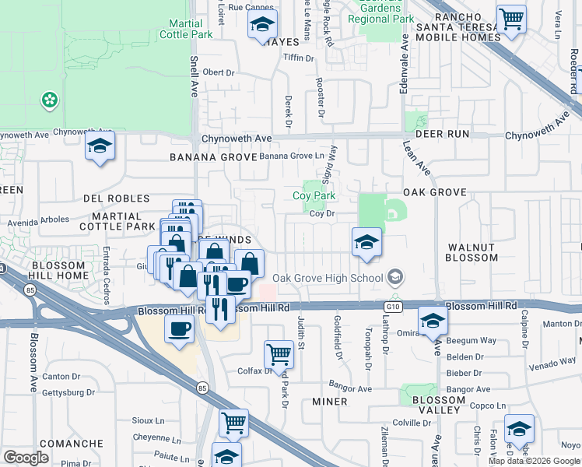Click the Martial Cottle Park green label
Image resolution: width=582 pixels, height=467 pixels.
click(x=186, y=30)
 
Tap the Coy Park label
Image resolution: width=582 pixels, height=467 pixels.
click(x=314, y=196)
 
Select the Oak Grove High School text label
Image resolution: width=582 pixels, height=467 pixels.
click(x=328, y=278)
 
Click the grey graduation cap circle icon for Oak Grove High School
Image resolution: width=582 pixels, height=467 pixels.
click(x=395, y=277)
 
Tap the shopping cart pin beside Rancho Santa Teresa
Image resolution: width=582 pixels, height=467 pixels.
click(x=511, y=19)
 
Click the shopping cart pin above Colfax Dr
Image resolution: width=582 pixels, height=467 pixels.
click(x=279, y=354)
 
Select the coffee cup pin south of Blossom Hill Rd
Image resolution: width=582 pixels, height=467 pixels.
click(x=180, y=328)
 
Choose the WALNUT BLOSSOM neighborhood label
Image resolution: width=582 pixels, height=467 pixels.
click(x=472, y=252)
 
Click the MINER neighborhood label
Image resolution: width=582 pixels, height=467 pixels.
click(x=329, y=402)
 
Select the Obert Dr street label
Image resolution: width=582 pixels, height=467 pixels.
click(x=219, y=72)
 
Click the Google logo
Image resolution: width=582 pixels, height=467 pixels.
click(x=26, y=458)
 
